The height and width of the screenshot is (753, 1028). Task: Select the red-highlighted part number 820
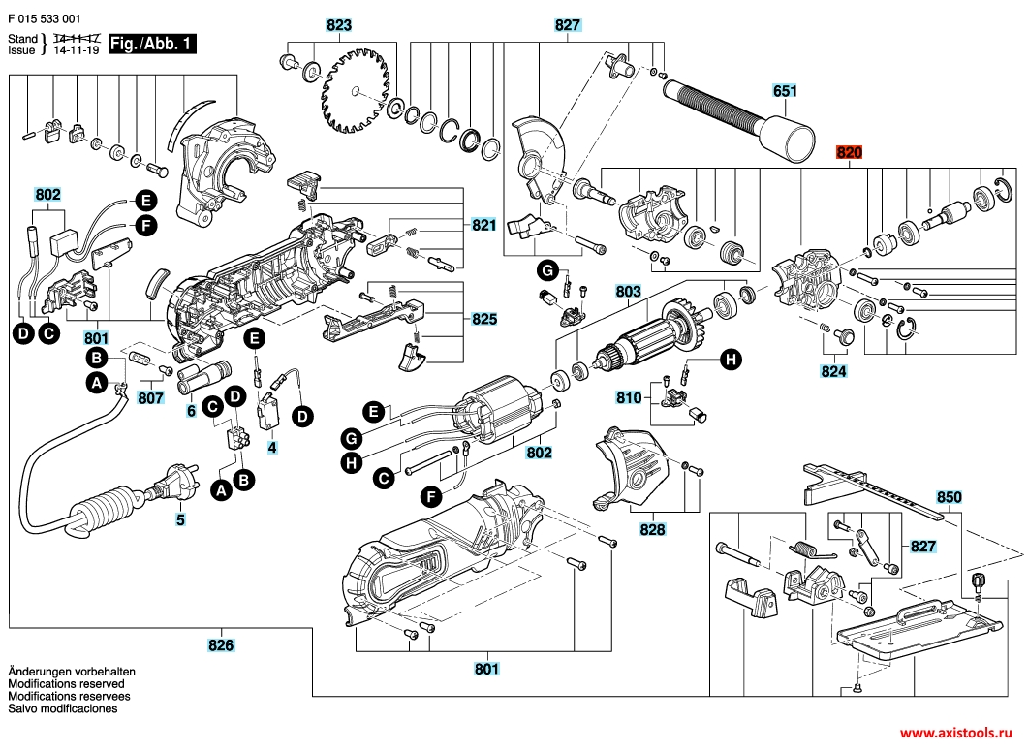tap(849, 153)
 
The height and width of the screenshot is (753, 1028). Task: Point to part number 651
tap(785, 91)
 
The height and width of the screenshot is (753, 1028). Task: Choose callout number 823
tap(339, 25)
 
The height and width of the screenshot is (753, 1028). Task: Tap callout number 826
tap(222, 644)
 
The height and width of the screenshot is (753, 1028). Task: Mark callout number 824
tap(833, 371)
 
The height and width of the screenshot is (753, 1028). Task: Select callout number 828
tap(653, 530)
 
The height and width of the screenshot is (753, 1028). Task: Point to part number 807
tap(150, 397)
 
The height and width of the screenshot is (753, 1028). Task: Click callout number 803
tap(629, 290)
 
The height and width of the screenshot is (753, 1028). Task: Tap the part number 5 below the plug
tap(179, 519)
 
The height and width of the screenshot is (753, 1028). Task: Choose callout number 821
tap(484, 225)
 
